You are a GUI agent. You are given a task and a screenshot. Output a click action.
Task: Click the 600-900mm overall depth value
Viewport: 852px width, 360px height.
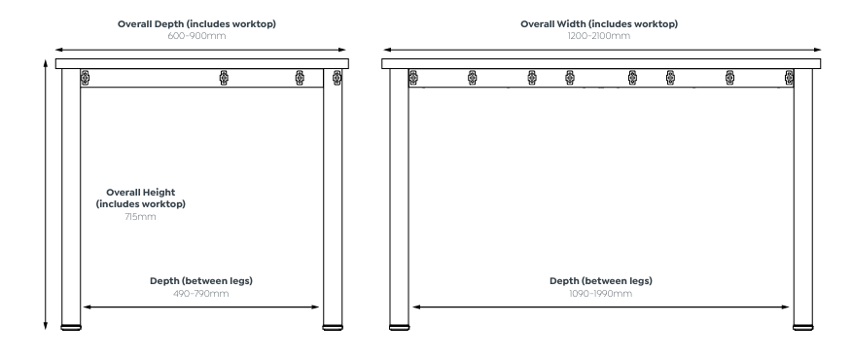(196, 36)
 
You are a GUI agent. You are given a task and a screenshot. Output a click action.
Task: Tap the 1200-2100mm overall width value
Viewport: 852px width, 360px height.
(599, 36)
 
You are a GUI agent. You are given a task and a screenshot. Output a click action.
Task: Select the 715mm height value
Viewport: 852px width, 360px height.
(140, 216)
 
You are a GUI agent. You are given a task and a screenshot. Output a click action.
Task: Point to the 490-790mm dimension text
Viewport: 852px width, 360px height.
(201, 294)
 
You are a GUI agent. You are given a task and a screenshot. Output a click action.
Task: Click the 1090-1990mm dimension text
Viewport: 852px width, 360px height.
(600, 294)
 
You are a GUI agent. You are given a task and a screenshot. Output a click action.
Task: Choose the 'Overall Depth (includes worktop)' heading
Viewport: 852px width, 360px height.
(196, 24)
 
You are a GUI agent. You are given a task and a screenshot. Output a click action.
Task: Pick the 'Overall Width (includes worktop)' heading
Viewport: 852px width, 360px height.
(599, 24)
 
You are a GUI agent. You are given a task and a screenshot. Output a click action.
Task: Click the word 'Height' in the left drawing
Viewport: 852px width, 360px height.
(160, 192)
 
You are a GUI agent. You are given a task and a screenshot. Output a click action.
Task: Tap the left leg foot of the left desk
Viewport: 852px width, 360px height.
(71, 327)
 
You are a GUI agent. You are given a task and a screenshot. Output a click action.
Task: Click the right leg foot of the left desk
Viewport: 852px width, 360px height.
(333, 327)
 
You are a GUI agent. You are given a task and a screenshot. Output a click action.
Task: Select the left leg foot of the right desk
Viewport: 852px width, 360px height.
(400, 327)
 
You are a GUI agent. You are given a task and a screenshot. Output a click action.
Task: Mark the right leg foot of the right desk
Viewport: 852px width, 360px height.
(803, 327)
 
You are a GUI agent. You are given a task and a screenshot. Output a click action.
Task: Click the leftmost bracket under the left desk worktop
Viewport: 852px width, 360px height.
(86, 78)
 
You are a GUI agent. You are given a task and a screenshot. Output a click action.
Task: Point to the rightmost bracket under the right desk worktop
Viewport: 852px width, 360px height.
(789, 78)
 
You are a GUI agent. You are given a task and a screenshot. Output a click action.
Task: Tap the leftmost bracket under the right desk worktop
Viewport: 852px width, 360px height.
(413, 78)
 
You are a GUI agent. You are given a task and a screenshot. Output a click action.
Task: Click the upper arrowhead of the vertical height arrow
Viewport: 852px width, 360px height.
(46, 61)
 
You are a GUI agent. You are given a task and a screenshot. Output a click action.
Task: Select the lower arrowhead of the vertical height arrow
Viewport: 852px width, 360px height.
(46, 327)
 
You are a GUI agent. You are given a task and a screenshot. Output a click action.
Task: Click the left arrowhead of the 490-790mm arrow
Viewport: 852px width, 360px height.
(86, 307)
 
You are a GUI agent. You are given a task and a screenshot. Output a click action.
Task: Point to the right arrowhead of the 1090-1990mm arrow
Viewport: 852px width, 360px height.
(786, 307)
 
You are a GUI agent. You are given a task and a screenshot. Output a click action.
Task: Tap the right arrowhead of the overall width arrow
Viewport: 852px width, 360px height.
(818, 50)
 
